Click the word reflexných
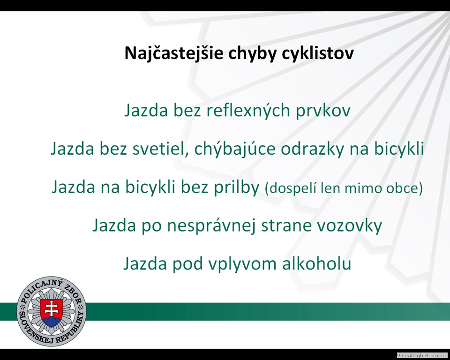pyautogui.click(x=248, y=111)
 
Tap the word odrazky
pyautogui.click(x=312, y=149)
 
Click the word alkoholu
pyautogui.click(x=316, y=263)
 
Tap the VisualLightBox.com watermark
pyautogui.click(x=422, y=355)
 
